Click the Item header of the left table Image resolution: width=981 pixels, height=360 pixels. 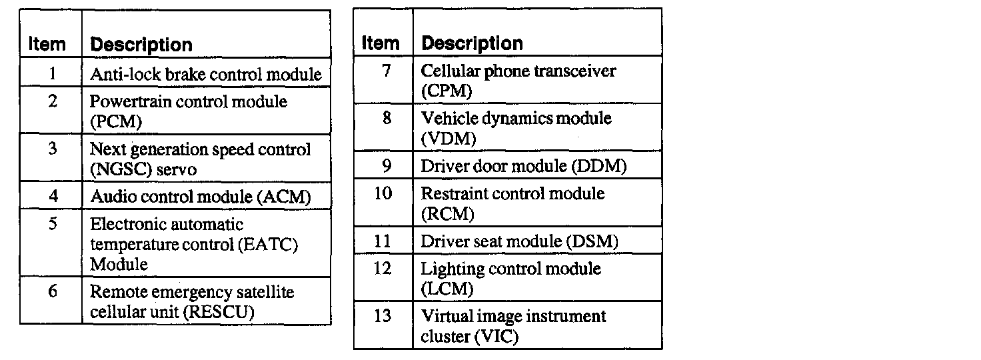point(47,45)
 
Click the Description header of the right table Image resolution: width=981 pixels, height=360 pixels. point(473,44)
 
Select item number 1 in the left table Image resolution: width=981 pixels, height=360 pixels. point(51,73)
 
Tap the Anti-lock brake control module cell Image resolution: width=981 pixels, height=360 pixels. point(206,74)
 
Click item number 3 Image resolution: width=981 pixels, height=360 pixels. point(52,149)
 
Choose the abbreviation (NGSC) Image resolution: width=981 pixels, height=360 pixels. point(115,169)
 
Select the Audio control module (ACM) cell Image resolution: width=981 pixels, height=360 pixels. point(201,197)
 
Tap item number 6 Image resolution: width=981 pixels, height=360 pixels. point(51,291)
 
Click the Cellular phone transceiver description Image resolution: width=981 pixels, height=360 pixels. point(519,71)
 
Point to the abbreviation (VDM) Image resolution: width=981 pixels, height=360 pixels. point(449,139)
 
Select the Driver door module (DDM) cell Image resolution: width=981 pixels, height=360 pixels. point(523,166)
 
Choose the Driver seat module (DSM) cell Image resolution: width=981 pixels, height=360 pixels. point(519,241)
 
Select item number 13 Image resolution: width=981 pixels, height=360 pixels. point(383,315)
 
